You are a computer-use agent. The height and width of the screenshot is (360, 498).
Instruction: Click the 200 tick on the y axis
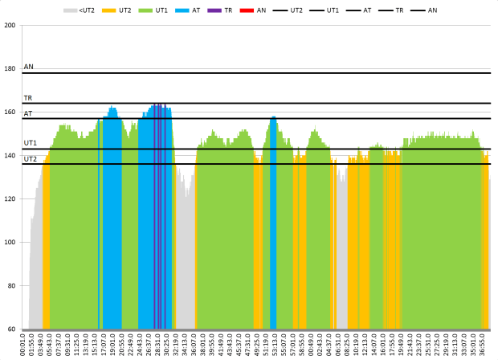tap(10, 25)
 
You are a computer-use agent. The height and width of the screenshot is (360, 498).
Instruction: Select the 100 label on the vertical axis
tap(10, 243)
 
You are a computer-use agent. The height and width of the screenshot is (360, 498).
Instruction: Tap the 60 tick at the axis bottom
tap(11, 329)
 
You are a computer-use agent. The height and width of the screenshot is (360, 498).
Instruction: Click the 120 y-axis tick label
tap(10, 199)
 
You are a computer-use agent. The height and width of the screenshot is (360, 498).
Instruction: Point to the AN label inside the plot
tap(29, 67)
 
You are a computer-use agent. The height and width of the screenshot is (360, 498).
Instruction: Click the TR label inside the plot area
tap(28, 97)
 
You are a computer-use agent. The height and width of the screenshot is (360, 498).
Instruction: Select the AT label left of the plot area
tap(28, 113)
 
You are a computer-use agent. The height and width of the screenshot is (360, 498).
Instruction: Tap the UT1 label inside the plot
tap(31, 142)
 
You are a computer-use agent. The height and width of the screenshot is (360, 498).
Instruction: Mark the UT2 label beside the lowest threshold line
tap(31, 159)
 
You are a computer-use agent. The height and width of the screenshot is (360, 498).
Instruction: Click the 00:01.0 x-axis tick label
tap(23, 344)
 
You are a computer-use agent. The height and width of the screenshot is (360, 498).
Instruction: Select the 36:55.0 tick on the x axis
tap(485, 344)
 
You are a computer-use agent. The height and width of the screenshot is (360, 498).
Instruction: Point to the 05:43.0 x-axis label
tap(50, 344)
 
